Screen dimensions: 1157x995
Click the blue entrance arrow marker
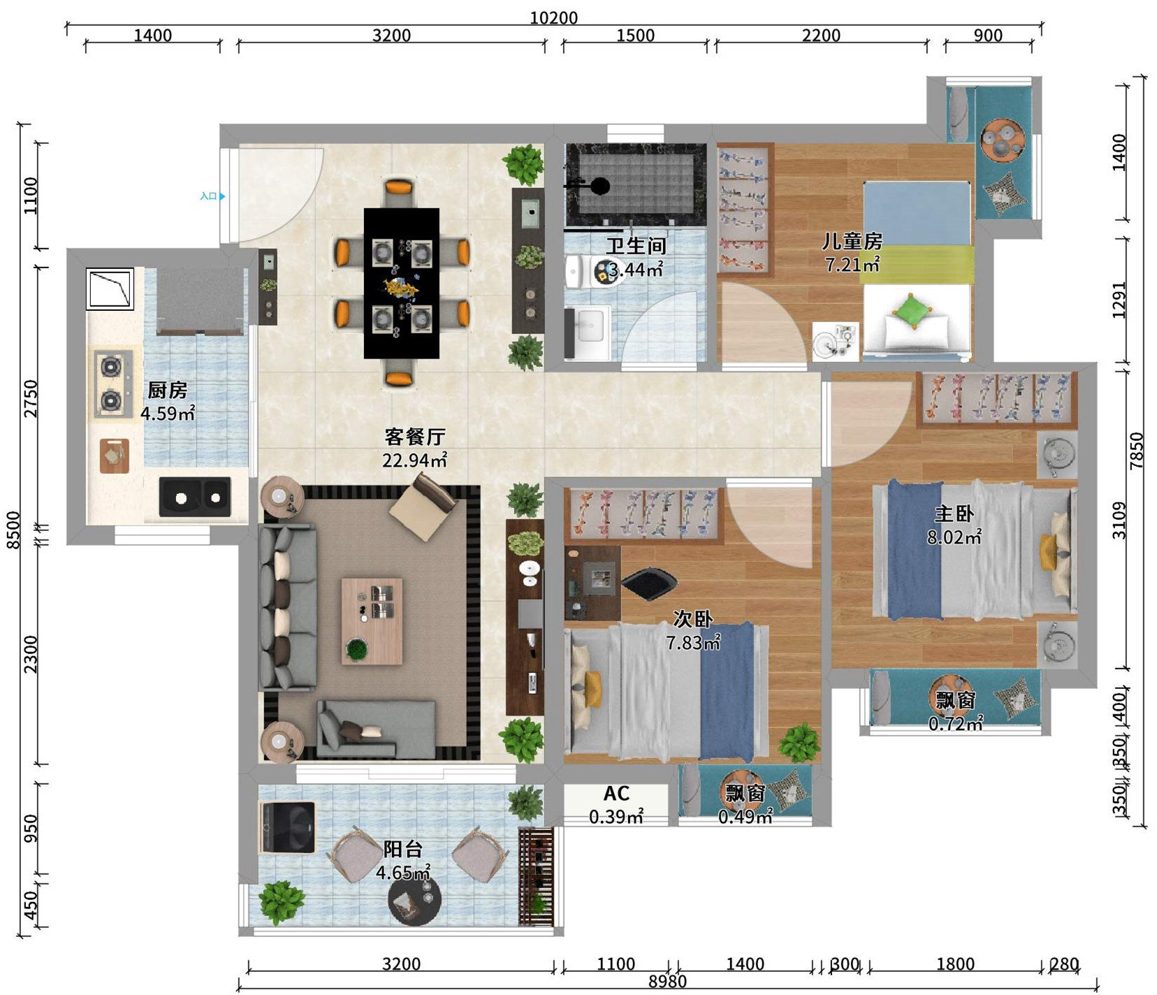click(x=222, y=196)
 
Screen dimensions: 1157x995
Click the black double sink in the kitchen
click(x=195, y=497)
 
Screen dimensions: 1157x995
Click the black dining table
click(x=402, y=283)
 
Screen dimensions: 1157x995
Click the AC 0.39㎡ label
click(x=616, y=804)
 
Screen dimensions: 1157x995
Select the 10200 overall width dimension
click(x=554, y=17)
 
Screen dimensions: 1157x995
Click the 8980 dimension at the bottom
click(x=667, y=982)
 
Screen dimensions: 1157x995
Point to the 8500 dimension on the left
click(x=13, y=530)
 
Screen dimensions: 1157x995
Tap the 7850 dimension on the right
click(x=1137, y=451)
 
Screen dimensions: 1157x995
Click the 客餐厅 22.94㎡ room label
click(x=414, y=448)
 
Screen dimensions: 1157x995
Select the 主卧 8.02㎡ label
click(x=954, y=525)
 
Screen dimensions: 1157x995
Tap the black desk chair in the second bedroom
click(x=648, y=583)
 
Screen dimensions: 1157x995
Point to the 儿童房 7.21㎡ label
click(x=852, y=252)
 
